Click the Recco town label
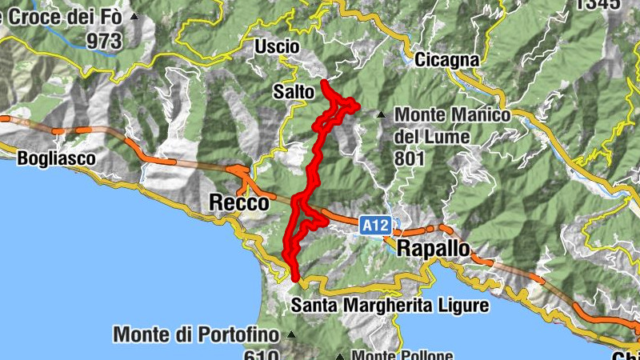coord(238,204)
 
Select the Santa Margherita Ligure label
coord(390,305)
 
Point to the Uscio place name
coord(277,47)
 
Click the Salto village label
coord(293,92)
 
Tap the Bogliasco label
coord(56,159)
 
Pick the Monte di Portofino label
coord(198,334)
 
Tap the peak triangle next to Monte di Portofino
coord(291,334)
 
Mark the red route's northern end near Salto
coord(323,82)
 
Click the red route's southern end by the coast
coord(296,278)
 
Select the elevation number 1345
coord(597,4)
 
